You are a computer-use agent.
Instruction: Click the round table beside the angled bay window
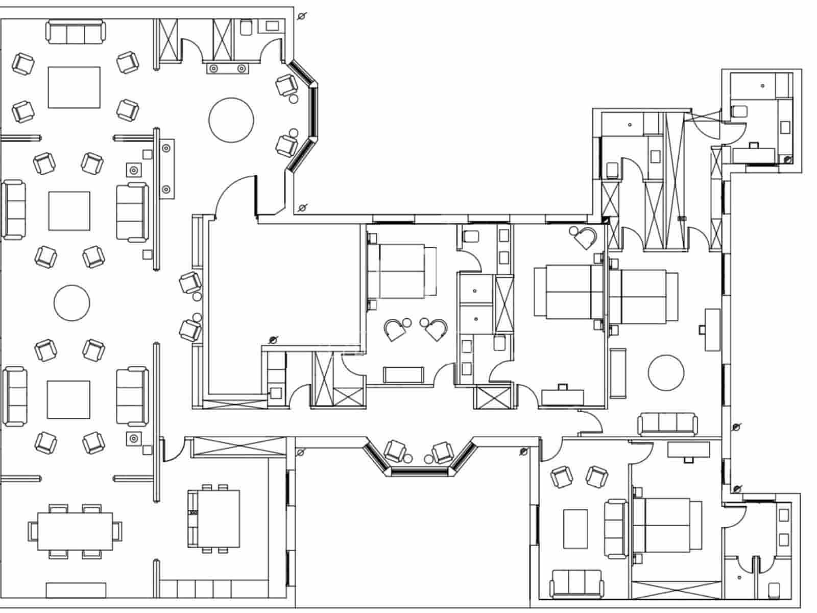click(x=231, y=120)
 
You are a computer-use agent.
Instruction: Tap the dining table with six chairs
click(x=75, y=531)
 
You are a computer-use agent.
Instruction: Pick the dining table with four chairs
click(x=213, y=518)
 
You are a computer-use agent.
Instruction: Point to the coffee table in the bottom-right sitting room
click(x=576, y=528)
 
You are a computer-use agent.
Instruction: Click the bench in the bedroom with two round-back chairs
click(x=403, y=374)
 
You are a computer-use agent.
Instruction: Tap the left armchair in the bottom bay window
click(x=395, y=451)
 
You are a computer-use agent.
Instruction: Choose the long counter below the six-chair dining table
click(x=76, y=590)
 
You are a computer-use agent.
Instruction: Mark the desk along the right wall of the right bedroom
click(x=712, y=329)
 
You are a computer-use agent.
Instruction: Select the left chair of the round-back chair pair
click(x=394, y=329)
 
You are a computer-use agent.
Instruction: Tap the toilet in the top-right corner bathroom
click(x=740, y=111)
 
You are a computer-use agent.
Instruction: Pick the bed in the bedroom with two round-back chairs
click(x=402, y=271)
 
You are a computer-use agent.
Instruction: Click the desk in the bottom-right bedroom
click(x=688, y=450)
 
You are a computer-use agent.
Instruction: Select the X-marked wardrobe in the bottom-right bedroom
click(x=676, y=589)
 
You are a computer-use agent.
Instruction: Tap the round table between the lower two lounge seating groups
click(x=71, y=303)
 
